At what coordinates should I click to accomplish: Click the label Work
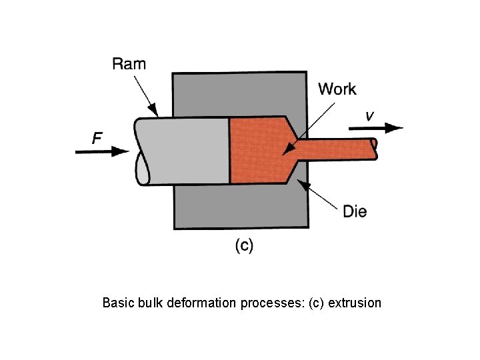pyautogui.click(x=337, y=89)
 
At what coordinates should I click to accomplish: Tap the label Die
pyautogui.click(x=354, y=212)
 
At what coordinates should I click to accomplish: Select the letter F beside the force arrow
pyautogui.click(x=97, y=138)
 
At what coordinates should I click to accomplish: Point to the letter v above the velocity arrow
pyautogui.click(x=369, y=116)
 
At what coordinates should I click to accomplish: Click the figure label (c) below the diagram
pyautogui.click(x=244, y=246)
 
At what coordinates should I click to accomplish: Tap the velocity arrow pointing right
pyautogui.click(x=377, y=128)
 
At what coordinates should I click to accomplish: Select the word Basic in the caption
pyautogui.click(x=117, y=303)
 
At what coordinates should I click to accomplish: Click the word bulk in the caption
pyautogui.click(x=150, y=303)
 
